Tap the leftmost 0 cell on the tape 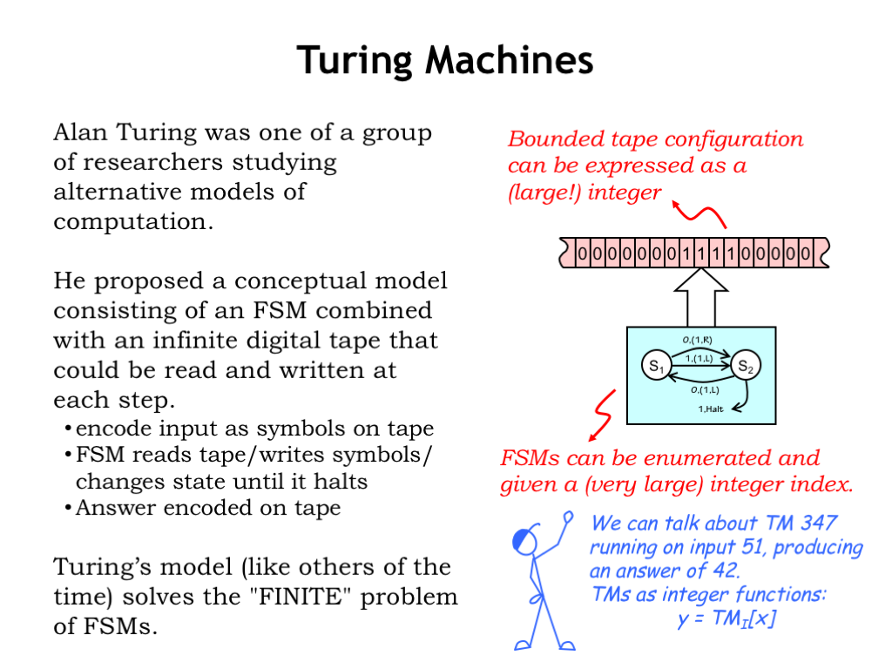[582, 253]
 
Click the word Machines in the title [509, 60]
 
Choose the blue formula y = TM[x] [726, 619]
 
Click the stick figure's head [525, 542]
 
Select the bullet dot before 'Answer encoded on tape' [68, 509]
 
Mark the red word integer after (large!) [625, 192]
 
